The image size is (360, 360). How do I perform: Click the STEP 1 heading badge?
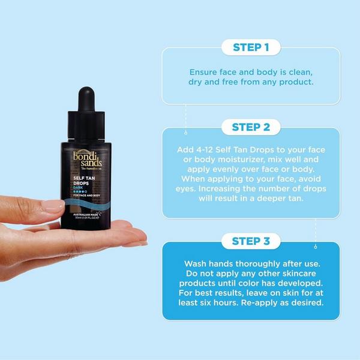click(x=251, y=47)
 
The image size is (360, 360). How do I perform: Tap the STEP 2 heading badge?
click(x=251, y=127)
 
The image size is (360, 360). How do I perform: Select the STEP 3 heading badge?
click(x=251, y=242)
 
